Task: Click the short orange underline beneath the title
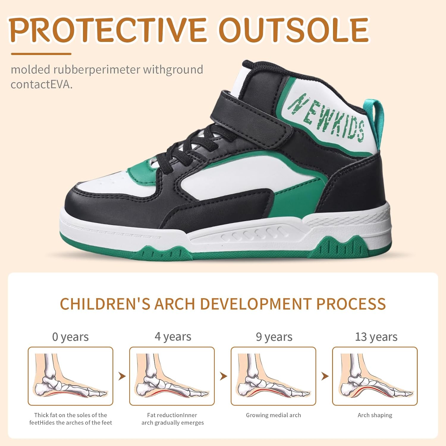click(41, 54)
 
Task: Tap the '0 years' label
click(70, 337)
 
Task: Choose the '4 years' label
click(173, 337)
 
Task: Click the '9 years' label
click(274, 337)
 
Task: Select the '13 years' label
click(376, 337)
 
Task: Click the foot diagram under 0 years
click(70, 376)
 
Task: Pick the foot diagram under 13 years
click(375, 376)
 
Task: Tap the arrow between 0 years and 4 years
click(122, 376)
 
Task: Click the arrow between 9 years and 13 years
click(325, 376)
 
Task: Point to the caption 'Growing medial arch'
click(274, 415)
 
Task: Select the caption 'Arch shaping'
click(375, 415)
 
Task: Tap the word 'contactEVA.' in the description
click(42, 84)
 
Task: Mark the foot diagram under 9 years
click(274, 376)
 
